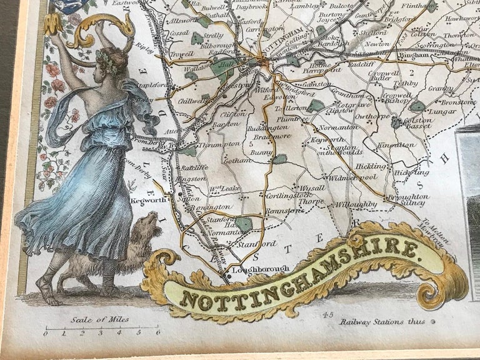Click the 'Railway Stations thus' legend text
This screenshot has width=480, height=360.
pyautogui.click(x=382, y=322)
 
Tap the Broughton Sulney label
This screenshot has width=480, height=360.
pyautogui.click(x=407, y=200)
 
